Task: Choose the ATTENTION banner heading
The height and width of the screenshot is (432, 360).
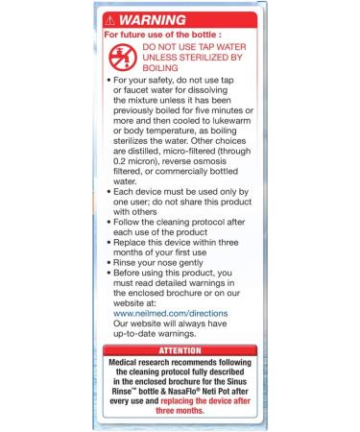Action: [180, 350]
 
